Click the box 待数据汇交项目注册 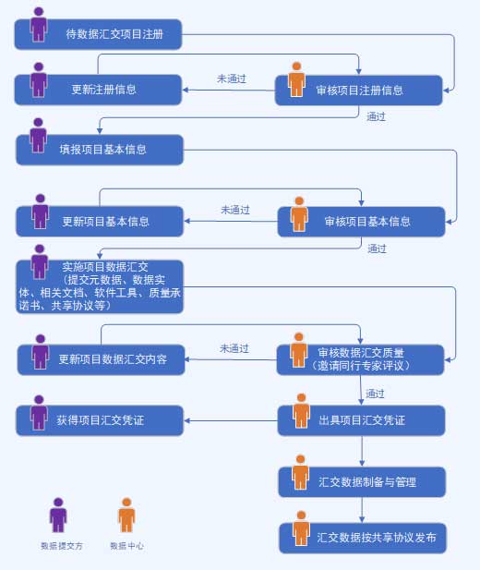point(98,34)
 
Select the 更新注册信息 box point(98,90)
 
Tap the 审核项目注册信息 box point(359,91)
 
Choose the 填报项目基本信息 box point(100,150)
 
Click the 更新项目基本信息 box point(100,222)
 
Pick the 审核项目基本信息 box point(361,222)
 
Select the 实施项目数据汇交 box point(100,286)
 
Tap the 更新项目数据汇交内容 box point(101,360)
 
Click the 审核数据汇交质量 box point(360,360)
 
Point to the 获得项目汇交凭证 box point(100,420)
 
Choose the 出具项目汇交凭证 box point(361,420)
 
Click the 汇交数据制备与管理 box point(362,482)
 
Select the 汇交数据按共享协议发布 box point(363,538)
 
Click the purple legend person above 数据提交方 point(58,515)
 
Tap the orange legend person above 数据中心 point(126,515)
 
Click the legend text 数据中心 point(126,546)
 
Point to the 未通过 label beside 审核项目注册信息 point(232,79)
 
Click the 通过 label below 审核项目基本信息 point(377,249)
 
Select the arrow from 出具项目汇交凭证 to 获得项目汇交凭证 point(231,421)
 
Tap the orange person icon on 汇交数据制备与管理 point(301,472)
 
